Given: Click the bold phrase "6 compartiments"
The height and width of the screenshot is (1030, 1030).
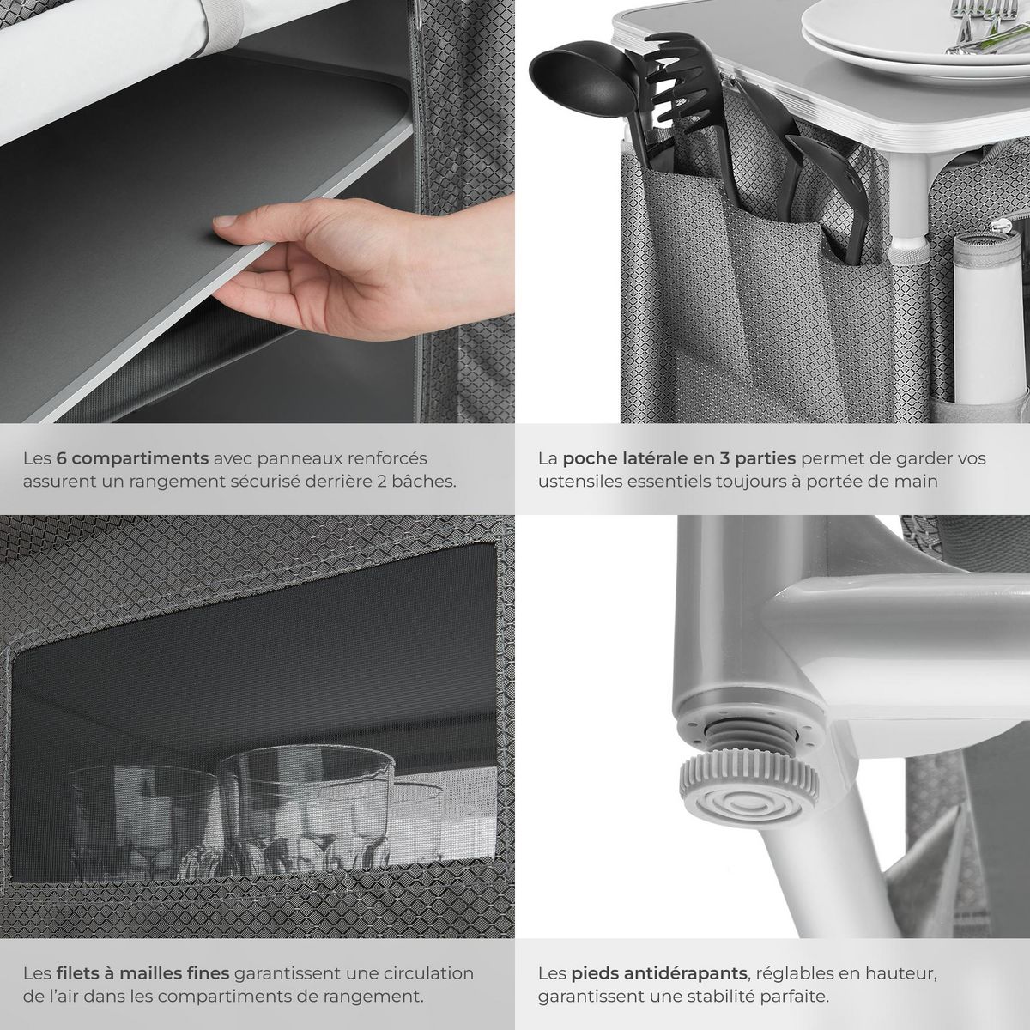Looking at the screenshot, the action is click(x=132, y=458).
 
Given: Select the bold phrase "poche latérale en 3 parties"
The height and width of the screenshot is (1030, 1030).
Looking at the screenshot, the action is click(x=679, y=458).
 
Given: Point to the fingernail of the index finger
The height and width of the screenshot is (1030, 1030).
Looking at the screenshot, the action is click(x=225, y=221).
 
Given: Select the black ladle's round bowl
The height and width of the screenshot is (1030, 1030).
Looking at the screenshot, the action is click(x=584, y=79).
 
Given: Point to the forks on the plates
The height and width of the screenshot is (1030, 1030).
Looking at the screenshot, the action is click(x=985, y=27).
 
